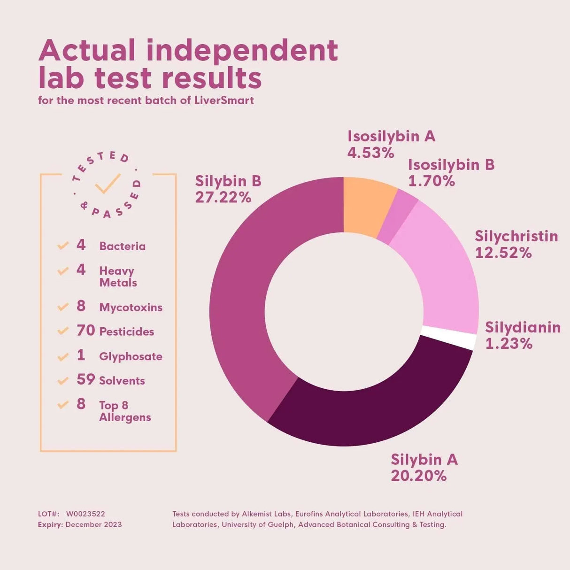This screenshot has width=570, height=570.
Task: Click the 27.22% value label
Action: [223, 198]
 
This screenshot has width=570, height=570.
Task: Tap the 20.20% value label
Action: [418, 476]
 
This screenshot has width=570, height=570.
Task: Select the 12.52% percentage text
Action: [503, 253]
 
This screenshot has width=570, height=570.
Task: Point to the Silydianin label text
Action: [523, 327]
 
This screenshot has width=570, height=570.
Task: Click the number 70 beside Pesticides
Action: [85, 331]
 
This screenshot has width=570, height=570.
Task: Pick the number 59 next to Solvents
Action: [85, 379]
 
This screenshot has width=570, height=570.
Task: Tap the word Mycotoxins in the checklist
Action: [131, 308]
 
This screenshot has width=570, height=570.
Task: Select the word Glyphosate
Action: [131, 356]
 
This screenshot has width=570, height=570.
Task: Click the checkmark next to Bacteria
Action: [63, 246]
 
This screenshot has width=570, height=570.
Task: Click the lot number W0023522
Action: [85, 514]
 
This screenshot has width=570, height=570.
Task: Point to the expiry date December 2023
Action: [93, 524]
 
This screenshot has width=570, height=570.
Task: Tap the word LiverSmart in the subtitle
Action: [224, 100]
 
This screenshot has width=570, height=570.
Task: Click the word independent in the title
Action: [242, 51]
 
